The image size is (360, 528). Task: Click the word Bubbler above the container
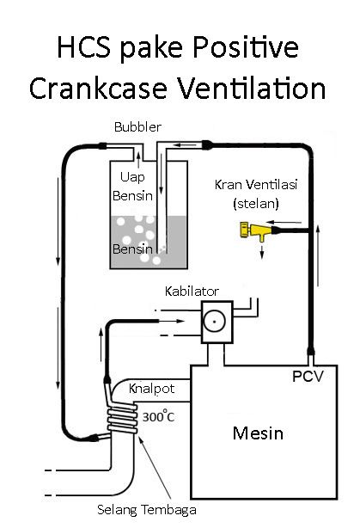click(x=137, y=127)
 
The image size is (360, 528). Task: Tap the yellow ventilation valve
click(x=255, y=230)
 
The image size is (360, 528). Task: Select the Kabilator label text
click(x=192, y=292)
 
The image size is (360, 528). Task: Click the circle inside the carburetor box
click(x=214, y=322)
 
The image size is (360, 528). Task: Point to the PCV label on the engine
click(x=308, y=376)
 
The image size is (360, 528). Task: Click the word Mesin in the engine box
click(x=258, y=433)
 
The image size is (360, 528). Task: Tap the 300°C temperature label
click(x=158, y=416)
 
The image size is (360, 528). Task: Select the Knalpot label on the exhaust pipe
click(x=152, y=389)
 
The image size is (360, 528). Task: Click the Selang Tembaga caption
click(x=147, y=510)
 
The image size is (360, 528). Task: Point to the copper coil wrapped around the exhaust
click(x=123, y=419)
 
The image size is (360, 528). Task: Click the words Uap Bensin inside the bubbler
click(x=132, y=187)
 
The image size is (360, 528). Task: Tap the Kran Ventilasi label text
click(x=256, y=185)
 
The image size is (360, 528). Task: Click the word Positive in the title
click(x=246, y=48)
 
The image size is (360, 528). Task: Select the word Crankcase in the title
click(x=98, y=89)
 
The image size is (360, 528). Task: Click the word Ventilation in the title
click(x=252, y=89)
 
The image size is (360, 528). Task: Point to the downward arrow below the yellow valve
click(x=262, y=252)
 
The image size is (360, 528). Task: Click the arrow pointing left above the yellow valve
click(x=283, y=222)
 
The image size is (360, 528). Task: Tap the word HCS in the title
click(x=84, y=47)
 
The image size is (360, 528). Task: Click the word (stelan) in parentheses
click(x=256, y=204)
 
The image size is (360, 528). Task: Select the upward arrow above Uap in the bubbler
click(x=138, y=161)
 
